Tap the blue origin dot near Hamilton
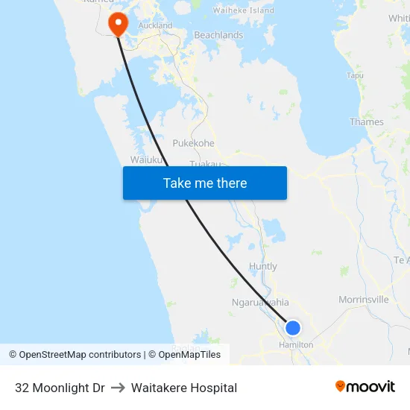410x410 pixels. [x=293, y=328]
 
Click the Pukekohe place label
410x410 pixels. [x=193, y=143]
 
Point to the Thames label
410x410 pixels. [x=367, y=122]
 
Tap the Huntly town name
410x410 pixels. [x=262, y=266]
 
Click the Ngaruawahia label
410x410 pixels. [x=260, y=303]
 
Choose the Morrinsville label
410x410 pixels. [x=364, y=300]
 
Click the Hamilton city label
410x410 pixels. [x=296, y=345]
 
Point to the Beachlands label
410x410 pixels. [x=218, y=35]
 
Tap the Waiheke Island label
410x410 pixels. [x=244, y=10]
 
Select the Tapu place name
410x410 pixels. [x=355, y=75]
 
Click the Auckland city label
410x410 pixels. [x=156, y=25]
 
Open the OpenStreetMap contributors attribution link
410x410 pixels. [x=80, y=355]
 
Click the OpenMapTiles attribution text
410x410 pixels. [x=190, y=355]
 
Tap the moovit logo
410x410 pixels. [x=365, y=387]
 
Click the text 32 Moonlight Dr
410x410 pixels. [x=60, y=388]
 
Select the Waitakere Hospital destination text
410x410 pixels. [x=184, y=388]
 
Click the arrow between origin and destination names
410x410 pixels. [x=118, y=388]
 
